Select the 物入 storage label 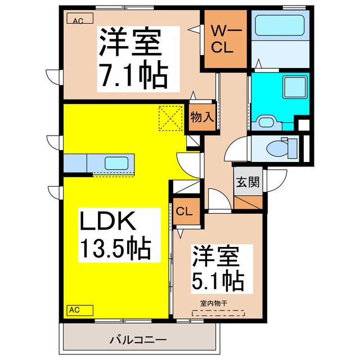click(201, 118)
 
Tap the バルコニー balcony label click(138, 340)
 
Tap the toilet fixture click(278, 148)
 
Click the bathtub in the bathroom click(280, 25)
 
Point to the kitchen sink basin click(116, 164)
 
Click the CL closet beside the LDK click(184, 212)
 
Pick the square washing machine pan click(292, 88)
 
